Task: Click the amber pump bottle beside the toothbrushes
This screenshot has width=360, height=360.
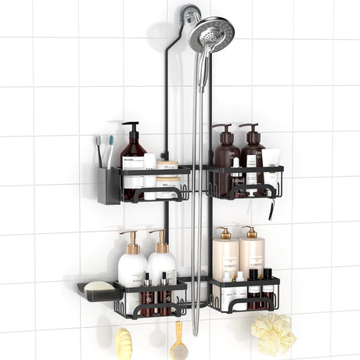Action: click(132, 161)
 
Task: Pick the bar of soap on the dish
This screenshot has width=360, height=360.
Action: click(99, 286)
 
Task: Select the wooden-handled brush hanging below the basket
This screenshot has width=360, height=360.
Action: click(178, 342)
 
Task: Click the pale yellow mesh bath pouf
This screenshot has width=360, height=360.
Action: click(273, 334)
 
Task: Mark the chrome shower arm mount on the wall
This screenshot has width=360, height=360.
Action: click(191, 14)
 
